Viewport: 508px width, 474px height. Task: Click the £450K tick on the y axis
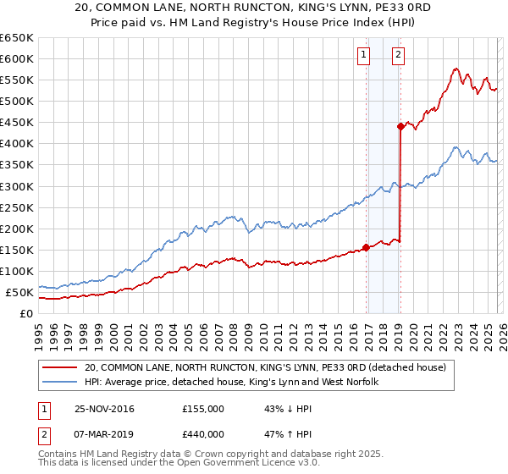[x=17, y=123]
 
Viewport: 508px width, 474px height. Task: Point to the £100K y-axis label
[x=17, y=272]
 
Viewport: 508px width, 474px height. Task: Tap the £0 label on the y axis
[x=26, y=314]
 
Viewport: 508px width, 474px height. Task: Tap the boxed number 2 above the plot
[x=398, y=56]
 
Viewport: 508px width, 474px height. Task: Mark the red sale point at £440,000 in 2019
[x=400, y=127]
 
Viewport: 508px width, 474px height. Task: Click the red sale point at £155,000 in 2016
[x=367, y=248]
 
